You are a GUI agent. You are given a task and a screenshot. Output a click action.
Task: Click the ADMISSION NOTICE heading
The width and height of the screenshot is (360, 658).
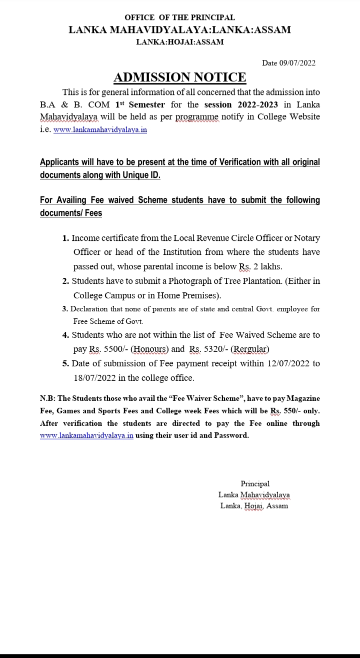click(180, 77)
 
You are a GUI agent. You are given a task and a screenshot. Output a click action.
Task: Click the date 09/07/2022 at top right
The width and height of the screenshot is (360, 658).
click(296, 63)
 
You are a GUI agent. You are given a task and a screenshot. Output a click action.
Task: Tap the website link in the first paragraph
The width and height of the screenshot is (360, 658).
click(100, 129)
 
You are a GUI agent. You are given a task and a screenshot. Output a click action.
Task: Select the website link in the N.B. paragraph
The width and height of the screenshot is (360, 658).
click(86, 435)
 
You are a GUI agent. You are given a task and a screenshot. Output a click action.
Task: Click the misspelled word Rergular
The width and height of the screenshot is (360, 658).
click(249, 349)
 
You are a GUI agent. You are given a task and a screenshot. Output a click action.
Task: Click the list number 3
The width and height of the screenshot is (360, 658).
click(65, 309)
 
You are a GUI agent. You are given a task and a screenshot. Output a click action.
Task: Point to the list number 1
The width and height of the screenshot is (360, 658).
click(65, 238)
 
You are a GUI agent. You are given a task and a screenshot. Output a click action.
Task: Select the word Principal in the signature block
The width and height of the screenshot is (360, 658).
click(255, 484)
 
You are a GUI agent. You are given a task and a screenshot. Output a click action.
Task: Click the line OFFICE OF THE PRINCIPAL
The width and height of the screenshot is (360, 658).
click(179, 17)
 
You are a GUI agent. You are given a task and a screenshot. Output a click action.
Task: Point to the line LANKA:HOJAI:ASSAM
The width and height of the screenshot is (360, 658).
click(179, 42)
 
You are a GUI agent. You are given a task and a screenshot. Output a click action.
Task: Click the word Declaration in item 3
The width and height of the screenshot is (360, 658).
click(91, 309)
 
